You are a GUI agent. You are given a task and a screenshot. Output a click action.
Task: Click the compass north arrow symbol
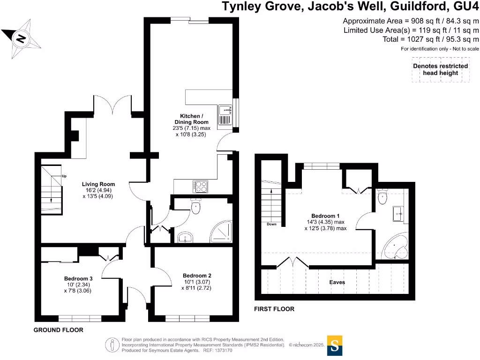(20, 37)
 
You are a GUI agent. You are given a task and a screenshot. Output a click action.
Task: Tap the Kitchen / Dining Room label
(192, 119)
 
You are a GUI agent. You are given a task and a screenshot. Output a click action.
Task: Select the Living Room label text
(98, 184)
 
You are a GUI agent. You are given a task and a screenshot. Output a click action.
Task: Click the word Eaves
(337, 282)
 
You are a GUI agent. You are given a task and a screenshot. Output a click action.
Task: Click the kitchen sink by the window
(225, 111)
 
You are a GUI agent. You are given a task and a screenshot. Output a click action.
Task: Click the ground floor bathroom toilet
(195, 206)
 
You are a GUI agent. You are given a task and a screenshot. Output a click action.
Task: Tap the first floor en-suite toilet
(382, 197)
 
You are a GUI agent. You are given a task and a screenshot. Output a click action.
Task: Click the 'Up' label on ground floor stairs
(64, 176)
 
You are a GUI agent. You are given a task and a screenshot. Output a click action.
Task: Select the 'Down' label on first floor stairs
(271, 224)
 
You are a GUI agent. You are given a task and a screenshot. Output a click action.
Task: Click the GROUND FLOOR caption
(58, 330)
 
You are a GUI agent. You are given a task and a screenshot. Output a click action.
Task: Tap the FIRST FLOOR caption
(274, 309)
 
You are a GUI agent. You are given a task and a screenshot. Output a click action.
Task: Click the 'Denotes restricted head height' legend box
(440, 69)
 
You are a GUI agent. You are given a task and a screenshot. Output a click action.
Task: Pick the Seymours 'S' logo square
(335, 346)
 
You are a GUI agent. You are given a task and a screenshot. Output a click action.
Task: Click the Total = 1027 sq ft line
(430, 39)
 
